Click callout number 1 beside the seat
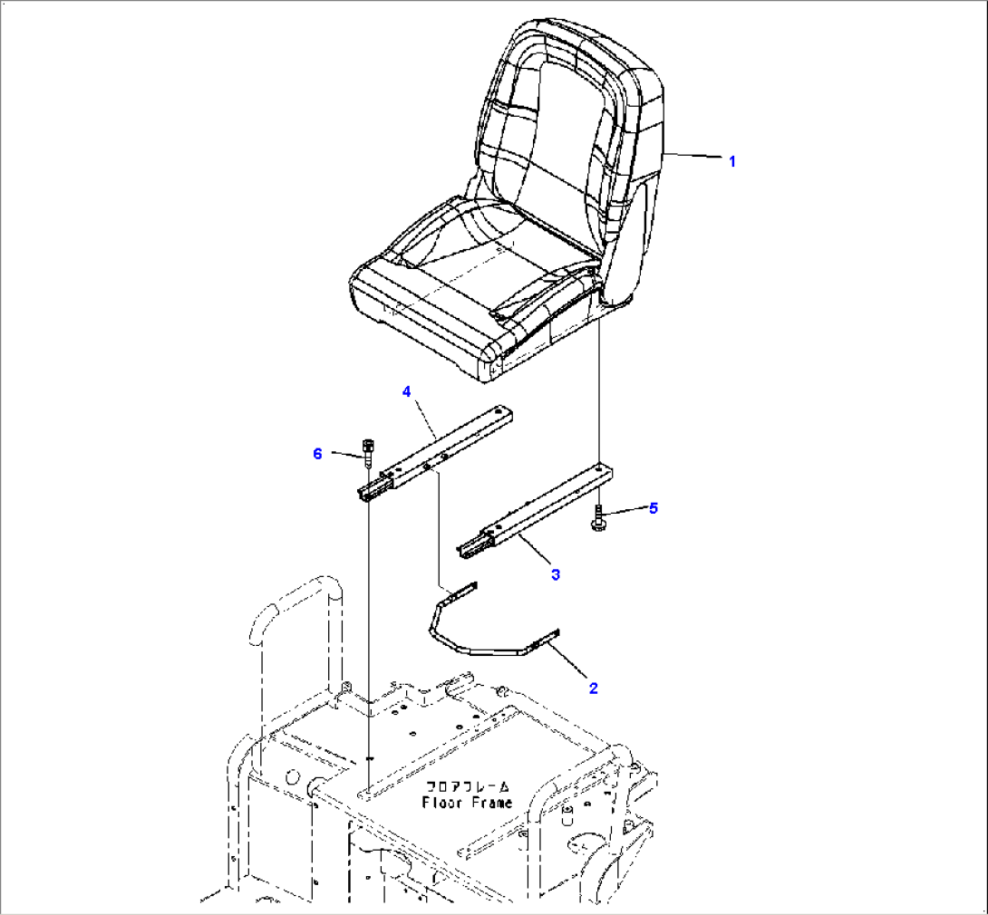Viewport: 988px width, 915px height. [731, 162]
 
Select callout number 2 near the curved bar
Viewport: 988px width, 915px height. [593, 689]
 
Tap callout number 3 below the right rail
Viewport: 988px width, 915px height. [555, 574]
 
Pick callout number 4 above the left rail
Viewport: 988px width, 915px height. [406, 391]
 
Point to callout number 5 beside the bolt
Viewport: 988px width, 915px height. [654, 508]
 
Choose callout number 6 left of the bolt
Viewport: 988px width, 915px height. [317, 453]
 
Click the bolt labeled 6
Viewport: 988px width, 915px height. [367, 452]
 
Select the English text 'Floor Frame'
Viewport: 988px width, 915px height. [467, 803]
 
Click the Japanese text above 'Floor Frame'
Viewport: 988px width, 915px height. [468, 786]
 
